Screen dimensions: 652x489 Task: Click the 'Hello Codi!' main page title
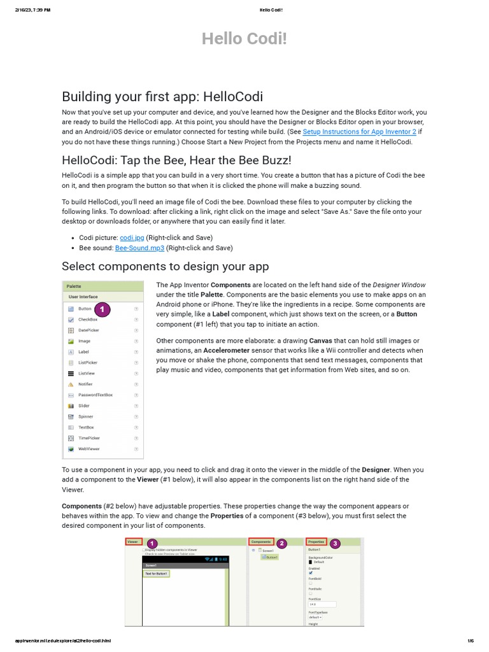(244, 39)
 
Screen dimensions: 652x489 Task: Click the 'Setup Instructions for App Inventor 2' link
(359, 132)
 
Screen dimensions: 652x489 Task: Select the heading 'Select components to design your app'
(165, 266)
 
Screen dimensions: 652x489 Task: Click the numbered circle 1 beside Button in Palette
(103, 309)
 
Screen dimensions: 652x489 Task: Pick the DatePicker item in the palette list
(89, 330)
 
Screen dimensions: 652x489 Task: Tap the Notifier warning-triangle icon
(71, 384)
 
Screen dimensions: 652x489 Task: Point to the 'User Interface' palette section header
(83, 297)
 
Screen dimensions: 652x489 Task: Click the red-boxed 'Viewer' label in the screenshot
(132, 541)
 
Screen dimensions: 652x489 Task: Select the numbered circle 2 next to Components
(281, 543)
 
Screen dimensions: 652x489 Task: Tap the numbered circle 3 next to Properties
(335, 543)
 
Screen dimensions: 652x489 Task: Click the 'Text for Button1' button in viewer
(156, 573)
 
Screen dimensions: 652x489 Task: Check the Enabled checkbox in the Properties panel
(311, 572)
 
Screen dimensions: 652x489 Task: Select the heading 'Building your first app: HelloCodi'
(162, 96)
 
